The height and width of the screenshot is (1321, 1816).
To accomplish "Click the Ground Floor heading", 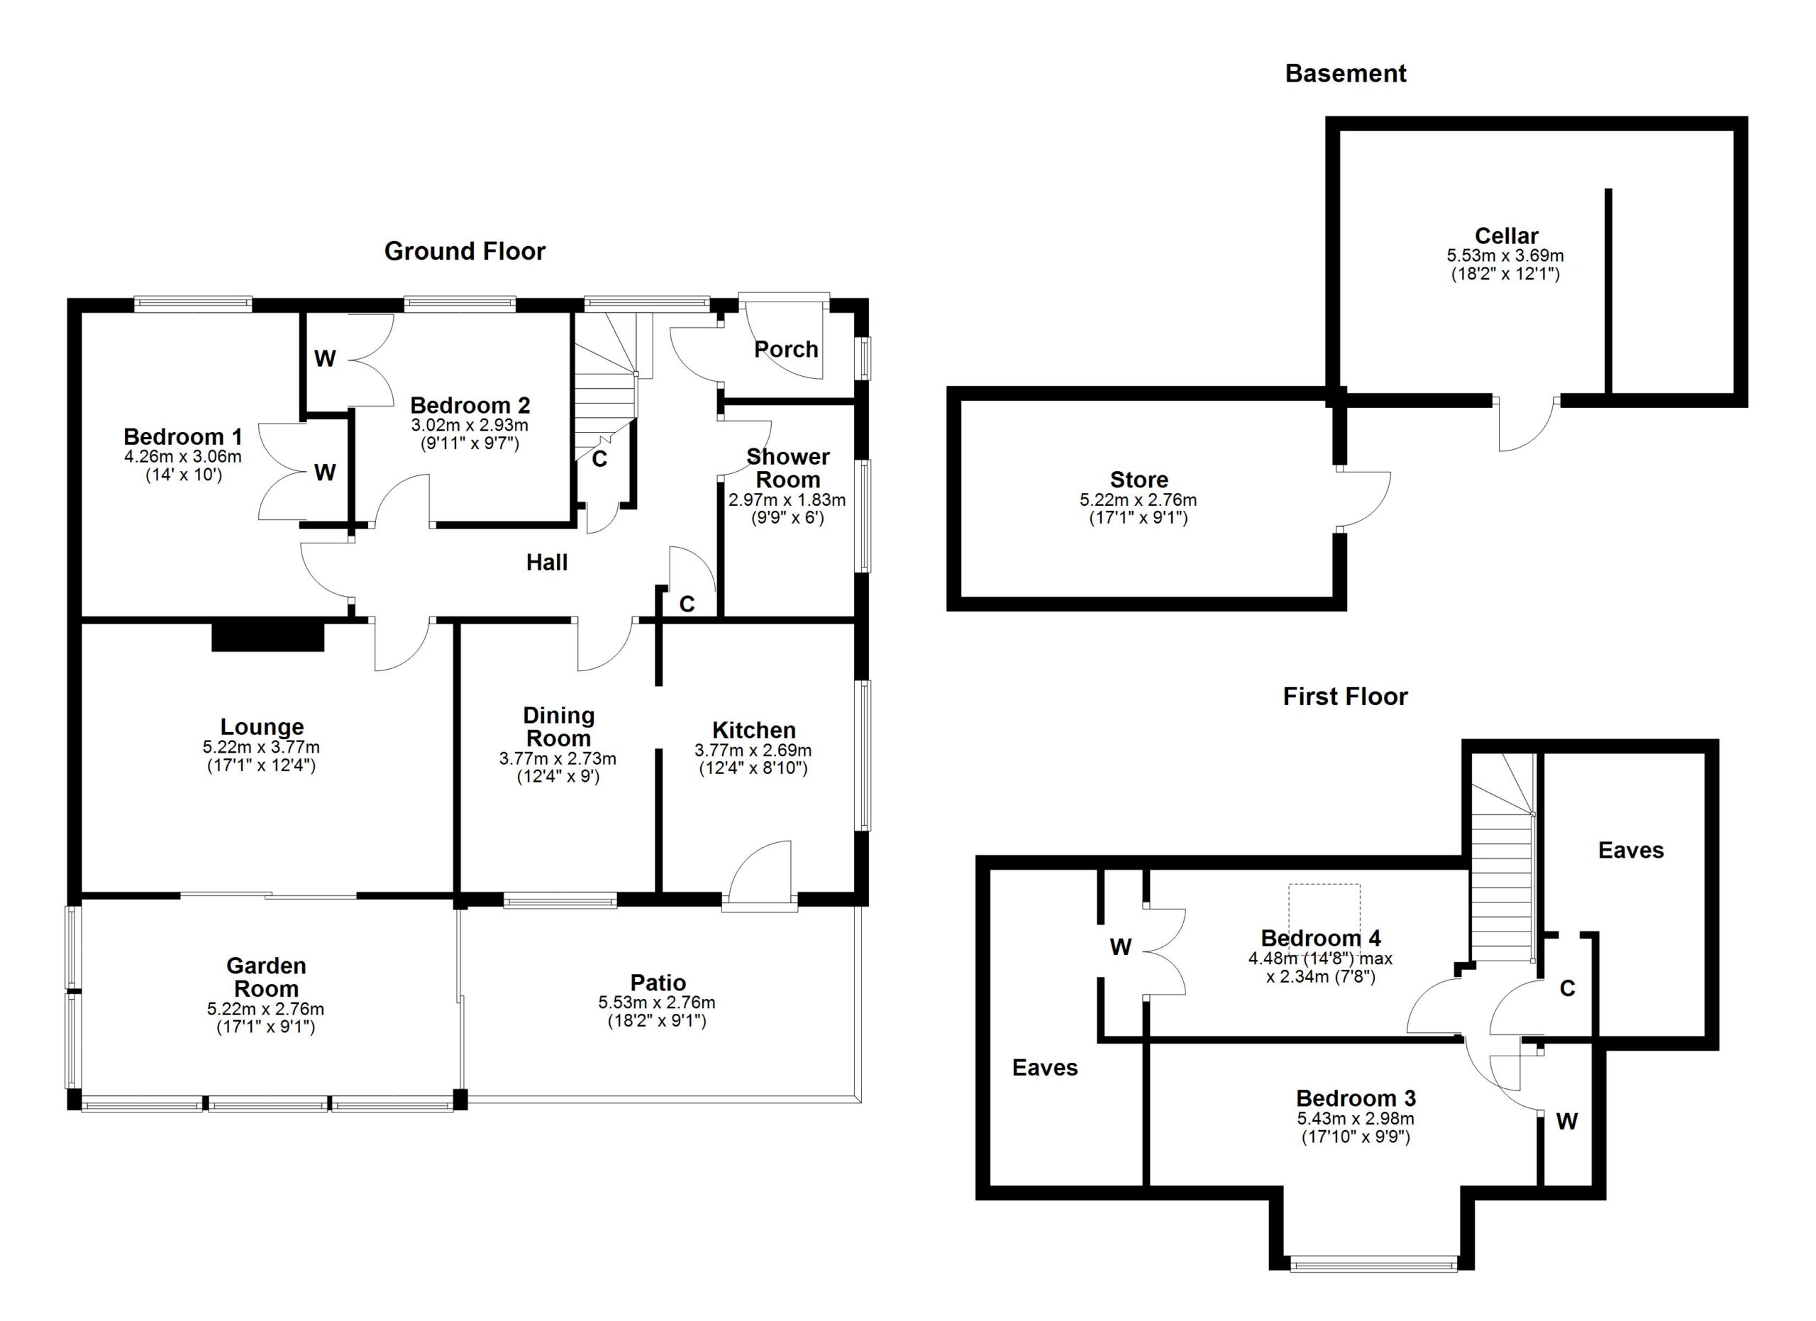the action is coord(465,251).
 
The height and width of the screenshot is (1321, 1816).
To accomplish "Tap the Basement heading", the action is coord(1345,74).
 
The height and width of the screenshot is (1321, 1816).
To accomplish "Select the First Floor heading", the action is coord(1345,696).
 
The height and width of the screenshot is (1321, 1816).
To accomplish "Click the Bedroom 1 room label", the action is coord(182,436).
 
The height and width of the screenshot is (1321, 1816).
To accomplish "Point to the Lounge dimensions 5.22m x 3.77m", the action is coord(261,747).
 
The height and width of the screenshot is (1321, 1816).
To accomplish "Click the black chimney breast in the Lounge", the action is coord(267,636).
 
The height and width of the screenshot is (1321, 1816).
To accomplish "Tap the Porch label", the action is coord(786,349).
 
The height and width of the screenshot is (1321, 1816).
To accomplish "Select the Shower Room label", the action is coord(788,468).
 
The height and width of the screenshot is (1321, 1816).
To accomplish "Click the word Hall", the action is coord(547,562).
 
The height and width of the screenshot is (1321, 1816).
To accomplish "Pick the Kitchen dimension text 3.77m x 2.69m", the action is coord(753,750).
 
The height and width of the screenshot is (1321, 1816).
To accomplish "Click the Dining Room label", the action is coord(558,727).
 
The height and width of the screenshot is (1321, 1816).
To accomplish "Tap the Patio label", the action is coord(658,983).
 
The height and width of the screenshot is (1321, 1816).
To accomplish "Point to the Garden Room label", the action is coord(266,977).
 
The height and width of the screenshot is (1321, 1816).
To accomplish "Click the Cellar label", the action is coord(1506,236).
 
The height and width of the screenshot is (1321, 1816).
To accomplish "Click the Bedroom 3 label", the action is coord(1356,1098).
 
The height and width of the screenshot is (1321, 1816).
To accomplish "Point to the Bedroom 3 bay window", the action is coord(1373,1264).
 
